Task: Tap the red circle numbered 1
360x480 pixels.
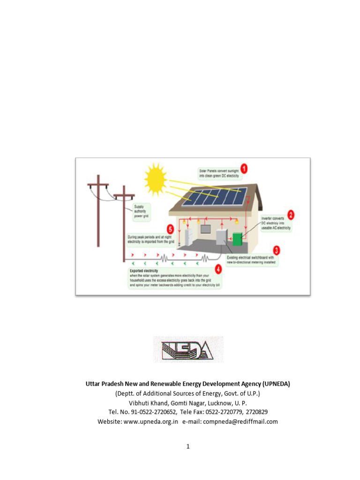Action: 244,168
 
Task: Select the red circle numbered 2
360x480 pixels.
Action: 291,215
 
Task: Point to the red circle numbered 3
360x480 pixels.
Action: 277,250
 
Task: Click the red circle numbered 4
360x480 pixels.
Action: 218,269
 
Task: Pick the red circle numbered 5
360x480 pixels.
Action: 170,229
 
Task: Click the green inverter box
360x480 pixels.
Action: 238,239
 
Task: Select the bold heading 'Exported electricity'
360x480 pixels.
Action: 144,271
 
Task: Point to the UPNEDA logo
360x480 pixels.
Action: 188,349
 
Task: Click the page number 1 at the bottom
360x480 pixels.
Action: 188,446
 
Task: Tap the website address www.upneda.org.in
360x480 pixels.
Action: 151,421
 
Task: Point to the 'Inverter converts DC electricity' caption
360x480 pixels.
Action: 276,224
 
